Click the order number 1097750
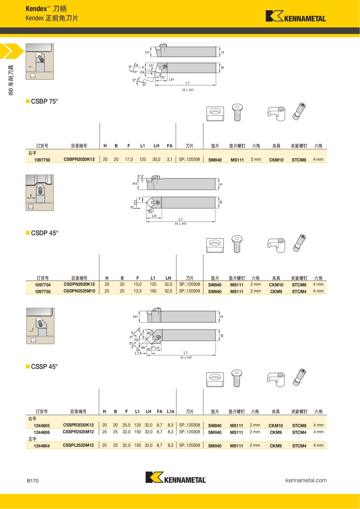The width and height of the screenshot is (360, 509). [42, 160]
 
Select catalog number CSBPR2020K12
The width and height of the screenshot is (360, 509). [79, 159]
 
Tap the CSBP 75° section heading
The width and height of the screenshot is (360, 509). [44, 101]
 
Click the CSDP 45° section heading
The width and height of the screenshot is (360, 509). [44, 233]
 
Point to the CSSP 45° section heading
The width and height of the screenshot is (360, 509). [44, 367]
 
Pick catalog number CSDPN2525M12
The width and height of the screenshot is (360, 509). [79, 291]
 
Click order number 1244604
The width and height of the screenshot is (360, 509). [42, 446]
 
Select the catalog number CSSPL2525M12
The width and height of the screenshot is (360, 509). [78, 445]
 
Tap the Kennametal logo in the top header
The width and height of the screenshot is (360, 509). [295, 16]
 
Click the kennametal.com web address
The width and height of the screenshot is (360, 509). [306, 480]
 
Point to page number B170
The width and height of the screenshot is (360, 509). [33, 481]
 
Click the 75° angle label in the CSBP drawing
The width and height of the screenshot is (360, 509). [162, 77]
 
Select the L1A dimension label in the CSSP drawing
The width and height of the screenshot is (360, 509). [138, 353]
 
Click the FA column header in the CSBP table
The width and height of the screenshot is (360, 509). [169, 146]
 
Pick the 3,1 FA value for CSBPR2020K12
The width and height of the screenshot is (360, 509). [169, 159]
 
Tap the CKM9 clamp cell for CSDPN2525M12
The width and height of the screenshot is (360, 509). [276, 291]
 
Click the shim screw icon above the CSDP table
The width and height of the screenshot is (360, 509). [237, 244]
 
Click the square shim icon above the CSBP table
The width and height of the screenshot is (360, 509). [215, 113]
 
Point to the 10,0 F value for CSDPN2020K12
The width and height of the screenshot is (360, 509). [137, 284]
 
